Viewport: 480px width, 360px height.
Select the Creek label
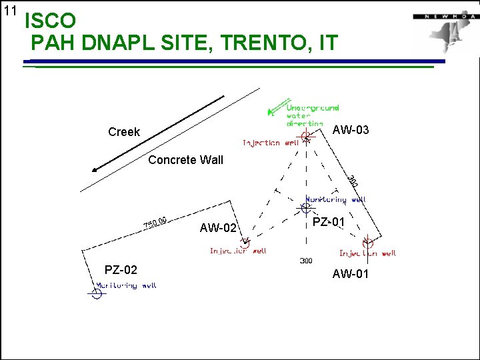pyautogui.click(x=124, y=132)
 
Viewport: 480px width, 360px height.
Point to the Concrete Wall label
pyautogui.click(x=185, y=160)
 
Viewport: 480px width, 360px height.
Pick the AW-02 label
pyautogui.click(x=218, y=229)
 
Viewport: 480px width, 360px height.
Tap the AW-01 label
pyautogui.click(x=351, y=274)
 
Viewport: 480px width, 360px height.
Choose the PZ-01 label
pyautogui.click(x=329, y=221)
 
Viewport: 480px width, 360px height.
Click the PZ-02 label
pyautogui.click(x=121, y=270)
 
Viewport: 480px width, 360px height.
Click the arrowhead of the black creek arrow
pyautogui.click(x=95, y=170)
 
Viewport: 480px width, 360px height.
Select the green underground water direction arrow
pyautogui.click(x=273, y=111)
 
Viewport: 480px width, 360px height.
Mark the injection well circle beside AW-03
pyautogui.click(x=306, y=137)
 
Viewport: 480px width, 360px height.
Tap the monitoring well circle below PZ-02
pyautogui.click(x=97, y=292)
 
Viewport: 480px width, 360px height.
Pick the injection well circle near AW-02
pyautogui.click(x=243, y=244)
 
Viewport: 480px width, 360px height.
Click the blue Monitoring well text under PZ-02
pyautogui.click(x=127, y=285)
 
